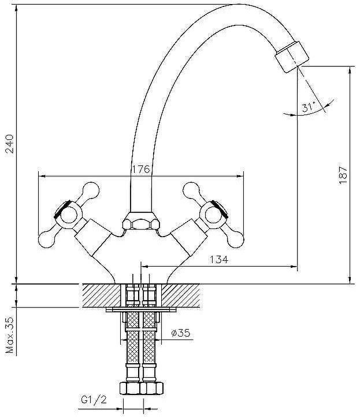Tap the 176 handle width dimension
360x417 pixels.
140,169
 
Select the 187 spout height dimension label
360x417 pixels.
343,175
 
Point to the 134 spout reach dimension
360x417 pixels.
218,260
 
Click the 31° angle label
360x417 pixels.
308,108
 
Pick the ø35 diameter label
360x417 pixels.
181,333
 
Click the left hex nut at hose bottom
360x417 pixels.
130,388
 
